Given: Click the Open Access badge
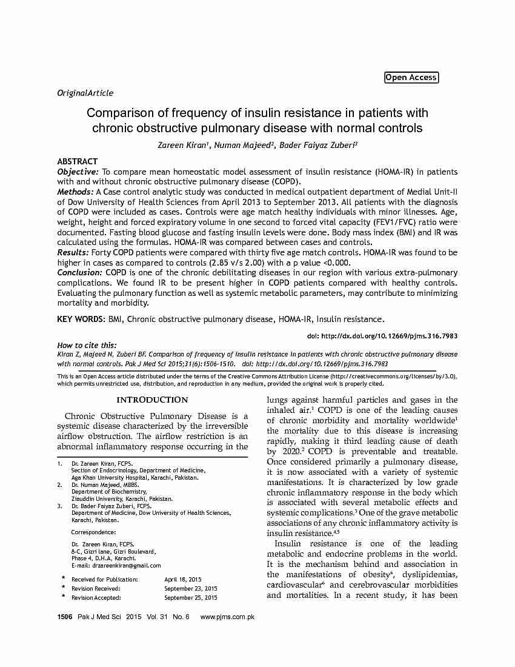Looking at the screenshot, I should (x=411, y=78).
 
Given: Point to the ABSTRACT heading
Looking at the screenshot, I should (x=77, y=161).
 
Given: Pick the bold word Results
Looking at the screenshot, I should (x=73, y=252).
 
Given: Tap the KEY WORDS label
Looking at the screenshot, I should (x=82, y=319).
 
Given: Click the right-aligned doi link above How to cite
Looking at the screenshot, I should (x=382, y=336).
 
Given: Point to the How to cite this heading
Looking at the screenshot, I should (x=87, y=345).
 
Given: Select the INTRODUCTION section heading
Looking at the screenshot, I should (x=152, y=400).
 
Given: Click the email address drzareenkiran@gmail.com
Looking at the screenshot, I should (x=127, y=565).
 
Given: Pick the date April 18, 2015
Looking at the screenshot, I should (x=183, y=580).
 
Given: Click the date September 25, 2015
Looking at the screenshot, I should (x=190, y=597).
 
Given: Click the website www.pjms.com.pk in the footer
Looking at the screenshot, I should (x=227, y=617).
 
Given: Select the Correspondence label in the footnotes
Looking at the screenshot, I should (x=93, y=532).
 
